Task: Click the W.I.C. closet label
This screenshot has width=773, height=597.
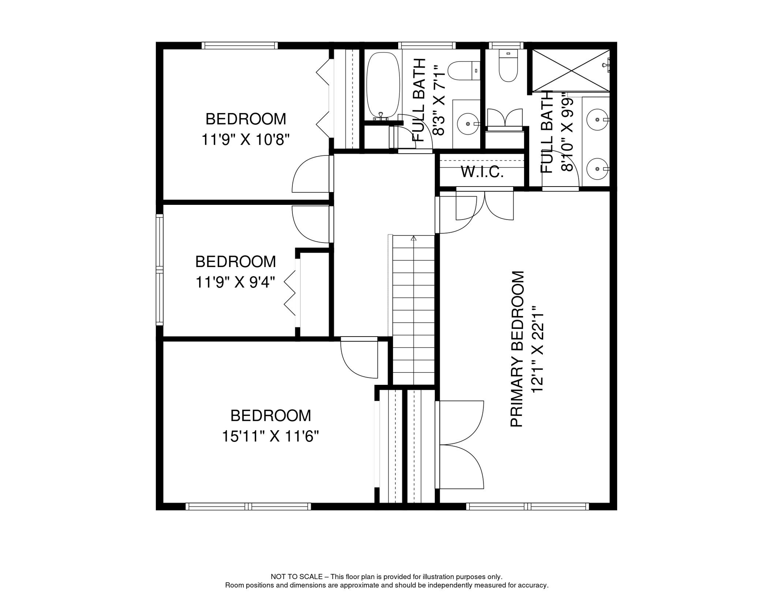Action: pyautogui.click(x=482, y=171)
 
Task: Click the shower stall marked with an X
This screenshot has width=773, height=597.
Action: pyautogui.click(x=570, y=71)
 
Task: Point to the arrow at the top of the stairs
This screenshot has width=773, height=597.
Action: pyautogui.click(x=413, y=238)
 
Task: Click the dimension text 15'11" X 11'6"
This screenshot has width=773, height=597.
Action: pyautogui.click(x=270, y=436)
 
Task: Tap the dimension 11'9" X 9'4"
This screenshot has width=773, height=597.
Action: pyautogui.click(x=235, y=282)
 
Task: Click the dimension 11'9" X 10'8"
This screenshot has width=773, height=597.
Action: pyautogui.click(x=246, y=139)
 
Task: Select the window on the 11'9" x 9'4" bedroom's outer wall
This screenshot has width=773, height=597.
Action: pyautogui.click(x=159, y=269)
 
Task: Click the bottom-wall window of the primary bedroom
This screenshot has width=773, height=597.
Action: pyautogui.click(x=528, y=506)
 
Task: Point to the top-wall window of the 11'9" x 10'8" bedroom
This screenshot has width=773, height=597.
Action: pyautogui.click(x=240, y=45)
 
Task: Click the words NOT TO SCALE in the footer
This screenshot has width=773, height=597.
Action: pyautogui.click(x=296, y=577)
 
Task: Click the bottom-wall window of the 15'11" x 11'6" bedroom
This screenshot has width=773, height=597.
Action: pyautogui.click(x=248, y=506)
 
